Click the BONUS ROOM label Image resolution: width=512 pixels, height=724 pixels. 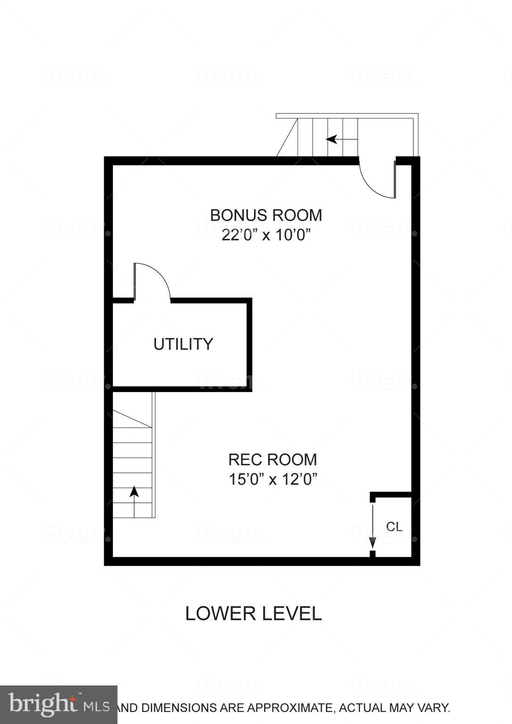click(266, 215)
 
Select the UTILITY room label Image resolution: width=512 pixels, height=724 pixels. click(183, 344)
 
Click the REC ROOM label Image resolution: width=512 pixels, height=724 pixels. click(273, 460)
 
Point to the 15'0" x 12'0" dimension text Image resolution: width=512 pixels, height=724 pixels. click(273, 479)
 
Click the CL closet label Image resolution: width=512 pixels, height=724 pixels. click(394, 527)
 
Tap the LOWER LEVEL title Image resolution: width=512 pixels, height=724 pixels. click(253, 613)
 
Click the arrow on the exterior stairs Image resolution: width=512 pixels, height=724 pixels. click(332, 139)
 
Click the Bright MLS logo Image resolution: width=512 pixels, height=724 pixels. click(58, 705)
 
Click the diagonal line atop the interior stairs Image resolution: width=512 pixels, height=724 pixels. click(132, 419)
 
